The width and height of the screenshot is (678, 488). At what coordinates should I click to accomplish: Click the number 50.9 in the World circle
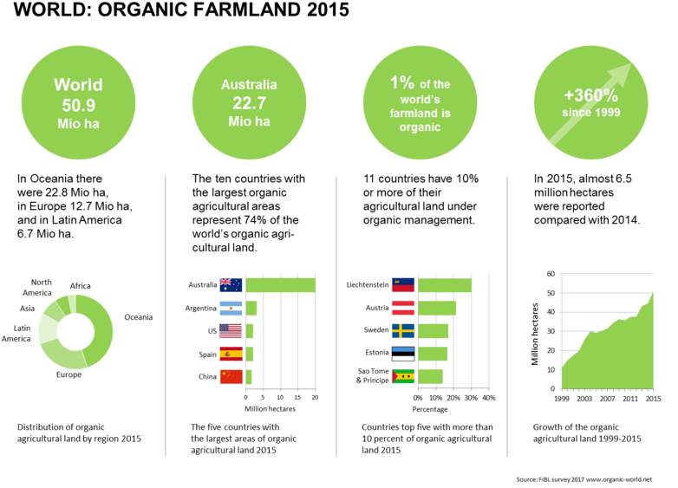point(78,104)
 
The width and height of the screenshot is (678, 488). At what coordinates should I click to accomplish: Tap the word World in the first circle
point(78,85)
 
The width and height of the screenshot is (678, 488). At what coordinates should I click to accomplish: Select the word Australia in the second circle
point(249,85)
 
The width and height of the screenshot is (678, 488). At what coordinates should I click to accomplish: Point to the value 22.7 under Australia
point(249,103)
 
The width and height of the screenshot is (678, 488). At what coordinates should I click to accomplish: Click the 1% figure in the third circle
point(401,82)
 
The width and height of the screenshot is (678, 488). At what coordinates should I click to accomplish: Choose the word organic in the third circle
point(420,127)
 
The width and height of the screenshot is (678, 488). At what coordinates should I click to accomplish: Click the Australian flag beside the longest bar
point(231,284)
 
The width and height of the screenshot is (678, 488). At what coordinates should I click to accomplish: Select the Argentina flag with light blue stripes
point(231,308)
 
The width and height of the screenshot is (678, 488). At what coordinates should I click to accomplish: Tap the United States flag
point(231,330)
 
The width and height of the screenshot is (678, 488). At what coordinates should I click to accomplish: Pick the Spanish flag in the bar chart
point(231,354)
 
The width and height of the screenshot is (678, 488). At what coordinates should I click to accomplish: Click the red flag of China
point(231,376)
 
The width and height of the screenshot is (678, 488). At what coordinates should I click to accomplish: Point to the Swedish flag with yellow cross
point(403,330)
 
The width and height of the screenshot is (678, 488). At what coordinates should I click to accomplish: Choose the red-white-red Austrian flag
point(403,308)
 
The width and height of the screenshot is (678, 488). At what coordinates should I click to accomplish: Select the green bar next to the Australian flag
point(281,284)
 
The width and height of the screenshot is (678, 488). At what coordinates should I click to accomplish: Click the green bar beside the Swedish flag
point(433,330)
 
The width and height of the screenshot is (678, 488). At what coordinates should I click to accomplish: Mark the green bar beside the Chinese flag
point(249,376)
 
